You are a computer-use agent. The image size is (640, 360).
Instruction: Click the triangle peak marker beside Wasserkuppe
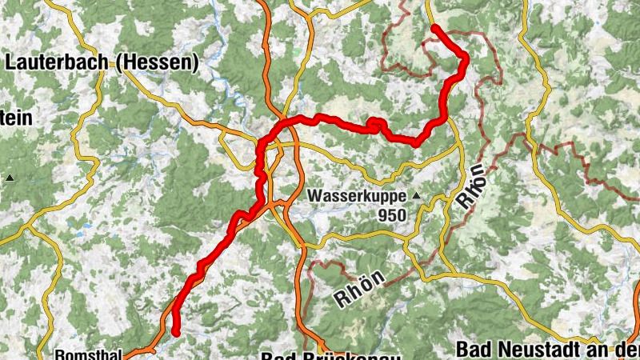click(x=415, y=195)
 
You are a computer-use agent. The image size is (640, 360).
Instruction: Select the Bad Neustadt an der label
click(x=547, y=350)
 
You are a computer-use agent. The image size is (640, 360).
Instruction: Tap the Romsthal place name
click(x=88, y=354)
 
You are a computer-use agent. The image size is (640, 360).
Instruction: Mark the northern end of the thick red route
click(x=434, y=28)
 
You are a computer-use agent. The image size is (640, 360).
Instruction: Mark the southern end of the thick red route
click(x=175, y=332)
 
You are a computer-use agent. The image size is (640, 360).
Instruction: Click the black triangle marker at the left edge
click(x=11, y=177)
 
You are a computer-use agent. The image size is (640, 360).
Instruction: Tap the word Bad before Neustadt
click(x=474, y=350)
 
